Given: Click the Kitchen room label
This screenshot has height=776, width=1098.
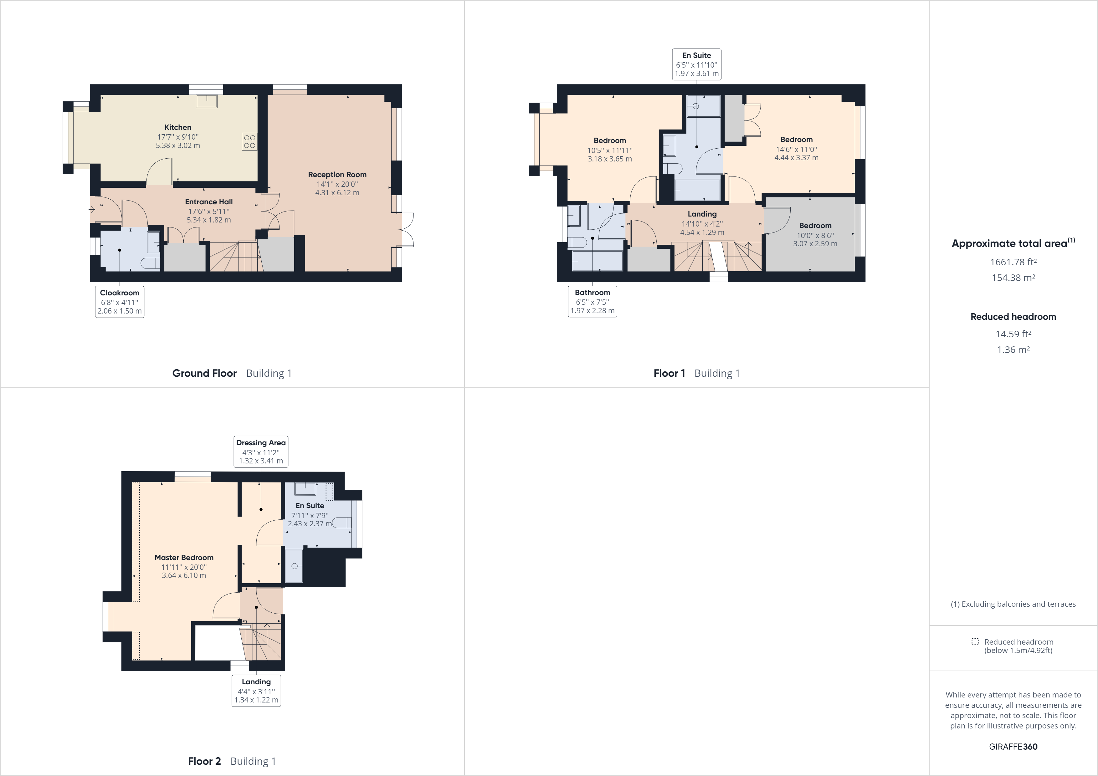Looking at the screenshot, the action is tap(178, 127).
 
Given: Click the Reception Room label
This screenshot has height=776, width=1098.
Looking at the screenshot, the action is tap(337, 175).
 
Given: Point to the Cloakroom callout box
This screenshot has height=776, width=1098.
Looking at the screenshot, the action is tap(120, 302).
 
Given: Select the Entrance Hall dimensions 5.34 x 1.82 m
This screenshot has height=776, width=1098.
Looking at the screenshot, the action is tap(209, 220).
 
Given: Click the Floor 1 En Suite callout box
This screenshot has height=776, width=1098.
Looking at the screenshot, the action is tap(696, 64).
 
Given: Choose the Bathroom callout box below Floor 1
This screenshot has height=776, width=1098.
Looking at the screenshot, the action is tap(593, 301).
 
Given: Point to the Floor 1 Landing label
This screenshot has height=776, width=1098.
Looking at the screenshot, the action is tap(702, 214).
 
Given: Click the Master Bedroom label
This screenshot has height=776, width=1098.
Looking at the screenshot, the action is tap(184, 558).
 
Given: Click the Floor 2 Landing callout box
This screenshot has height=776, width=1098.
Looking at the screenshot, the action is tap(256, 690).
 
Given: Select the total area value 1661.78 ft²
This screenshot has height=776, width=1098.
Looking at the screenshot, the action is tap(1013, 262).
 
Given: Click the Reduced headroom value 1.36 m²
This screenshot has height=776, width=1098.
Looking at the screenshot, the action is tap(1013, 350).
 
